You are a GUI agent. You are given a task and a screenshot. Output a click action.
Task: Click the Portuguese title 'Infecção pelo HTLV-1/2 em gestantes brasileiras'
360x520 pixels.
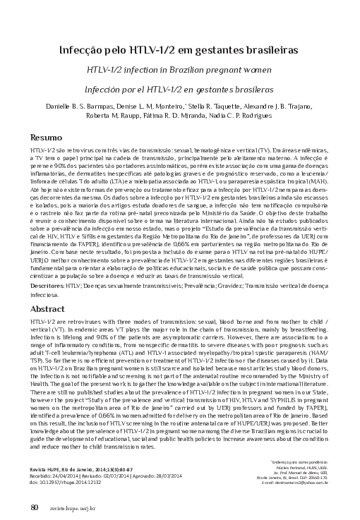click(x=179, y=50)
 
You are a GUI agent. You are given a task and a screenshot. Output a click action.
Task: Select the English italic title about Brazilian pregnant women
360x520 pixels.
click(x=179, y=72)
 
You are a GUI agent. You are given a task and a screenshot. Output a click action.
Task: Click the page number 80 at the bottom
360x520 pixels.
click(x=34, y=506)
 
